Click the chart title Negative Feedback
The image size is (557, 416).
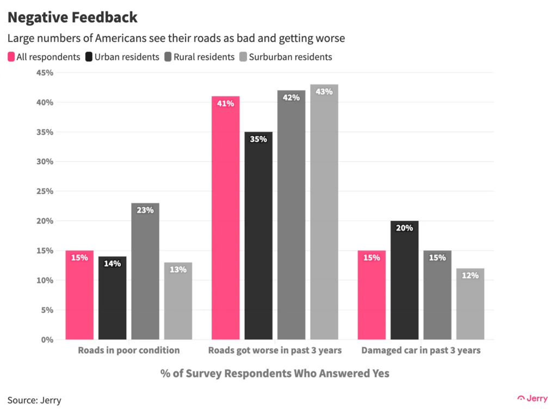[x=72, y=17]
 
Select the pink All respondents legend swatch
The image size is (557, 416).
[x=11, y=57]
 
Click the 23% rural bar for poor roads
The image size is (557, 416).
[x=145, y=272]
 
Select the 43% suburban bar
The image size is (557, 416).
[x=324, y=212]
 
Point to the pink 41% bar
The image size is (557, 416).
[x=225, y=218]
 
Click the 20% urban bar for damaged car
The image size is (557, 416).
[x=405, y=280]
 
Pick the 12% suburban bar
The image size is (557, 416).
[x=470, y=305]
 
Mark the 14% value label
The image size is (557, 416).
[x=113, y=264]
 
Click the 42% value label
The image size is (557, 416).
[x=291, y=98]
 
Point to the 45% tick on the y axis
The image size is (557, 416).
[x=45, y=73]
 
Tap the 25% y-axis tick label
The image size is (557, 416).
[x=45, y=191]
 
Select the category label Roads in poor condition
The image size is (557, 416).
[x=128, y=350]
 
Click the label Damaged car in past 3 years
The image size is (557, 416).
[x=421, y=350]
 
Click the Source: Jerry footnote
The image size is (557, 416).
[x=34, y=400]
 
